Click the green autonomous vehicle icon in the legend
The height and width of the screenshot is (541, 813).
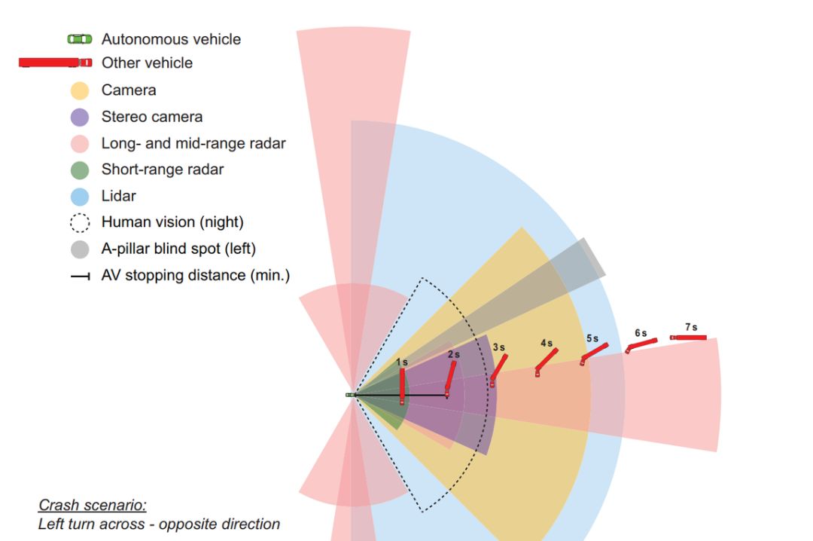80,39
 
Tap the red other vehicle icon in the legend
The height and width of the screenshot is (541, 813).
55,63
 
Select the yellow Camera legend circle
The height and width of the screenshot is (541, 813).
80,90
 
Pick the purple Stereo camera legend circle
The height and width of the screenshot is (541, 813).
80,117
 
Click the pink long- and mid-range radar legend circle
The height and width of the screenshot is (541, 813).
80,143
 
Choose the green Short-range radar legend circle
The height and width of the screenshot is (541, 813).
80,170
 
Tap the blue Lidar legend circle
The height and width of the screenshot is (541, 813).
80,196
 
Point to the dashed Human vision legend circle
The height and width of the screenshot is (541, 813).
80,223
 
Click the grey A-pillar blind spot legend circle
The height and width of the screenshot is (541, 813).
80,249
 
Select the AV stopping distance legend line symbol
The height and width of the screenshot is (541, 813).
80,277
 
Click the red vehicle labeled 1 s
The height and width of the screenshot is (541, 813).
402,387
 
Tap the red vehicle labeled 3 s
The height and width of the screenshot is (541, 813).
498,370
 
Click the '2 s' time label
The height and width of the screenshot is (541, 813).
453,354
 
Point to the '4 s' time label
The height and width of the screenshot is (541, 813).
547,343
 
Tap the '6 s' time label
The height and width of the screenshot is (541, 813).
641,333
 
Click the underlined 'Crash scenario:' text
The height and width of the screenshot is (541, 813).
93,505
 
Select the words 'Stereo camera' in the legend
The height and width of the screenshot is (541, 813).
152,117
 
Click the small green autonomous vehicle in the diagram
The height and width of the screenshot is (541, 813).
350,395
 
